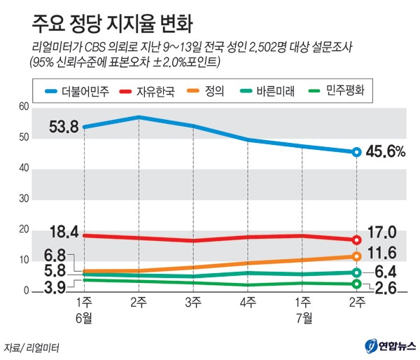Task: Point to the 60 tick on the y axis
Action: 24,106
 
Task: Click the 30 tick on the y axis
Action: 24,199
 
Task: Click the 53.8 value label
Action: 63,127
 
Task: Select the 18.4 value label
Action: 63,231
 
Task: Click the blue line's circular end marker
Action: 356,152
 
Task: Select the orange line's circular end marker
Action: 356,256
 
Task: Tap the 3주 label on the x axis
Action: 192,303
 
